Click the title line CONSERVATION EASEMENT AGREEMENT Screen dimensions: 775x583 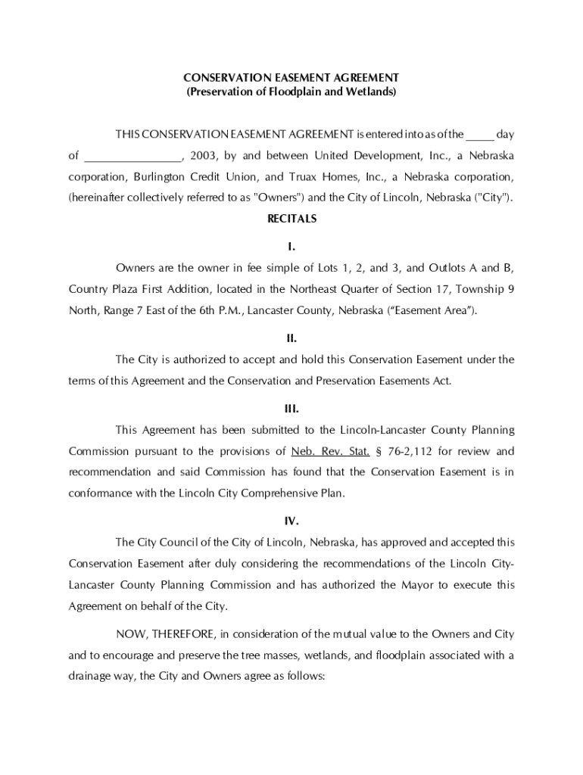291,78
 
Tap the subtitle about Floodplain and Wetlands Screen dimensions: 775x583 291,92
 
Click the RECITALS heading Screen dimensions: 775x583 291,219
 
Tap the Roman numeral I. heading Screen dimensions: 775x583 291,247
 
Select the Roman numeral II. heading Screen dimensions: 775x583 291,338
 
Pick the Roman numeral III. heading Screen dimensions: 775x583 291,409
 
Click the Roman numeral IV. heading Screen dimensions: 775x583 291,521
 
